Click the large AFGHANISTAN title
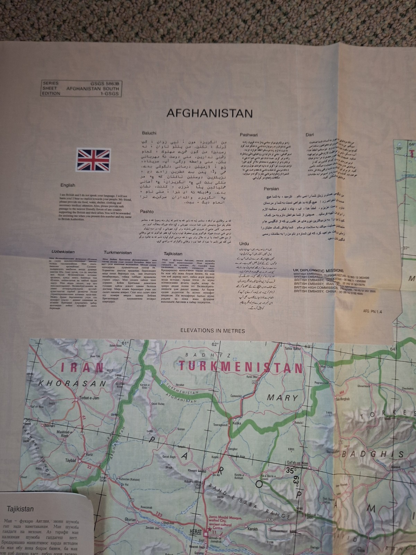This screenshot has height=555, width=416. tap(209, 113)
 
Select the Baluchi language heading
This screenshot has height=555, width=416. tap(149, 133)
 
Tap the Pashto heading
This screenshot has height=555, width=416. tap(147, 211)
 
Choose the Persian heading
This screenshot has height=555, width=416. tap(271, 189)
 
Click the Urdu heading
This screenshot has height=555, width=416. tap(244, 244)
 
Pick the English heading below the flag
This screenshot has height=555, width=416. tap(68, 185)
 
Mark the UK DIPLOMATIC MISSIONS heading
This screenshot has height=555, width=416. tap(318, 270)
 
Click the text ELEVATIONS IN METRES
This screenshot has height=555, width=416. tap(215, 331)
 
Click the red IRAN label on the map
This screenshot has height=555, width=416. tap(82, 367)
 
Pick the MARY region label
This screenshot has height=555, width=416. tap(283, 398)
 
